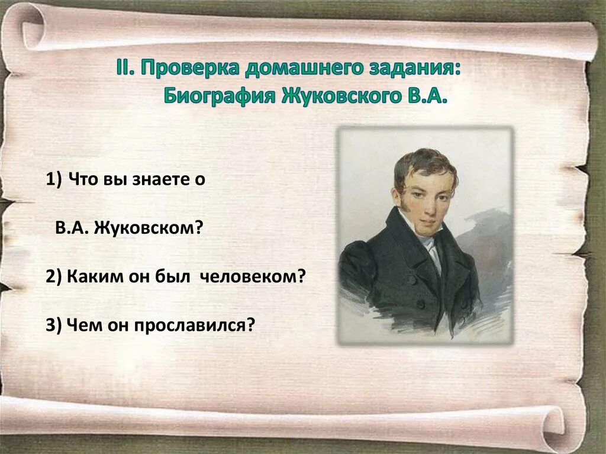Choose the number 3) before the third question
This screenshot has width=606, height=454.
tap(54, 324)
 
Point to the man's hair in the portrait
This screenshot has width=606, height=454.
tap(425, 161)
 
